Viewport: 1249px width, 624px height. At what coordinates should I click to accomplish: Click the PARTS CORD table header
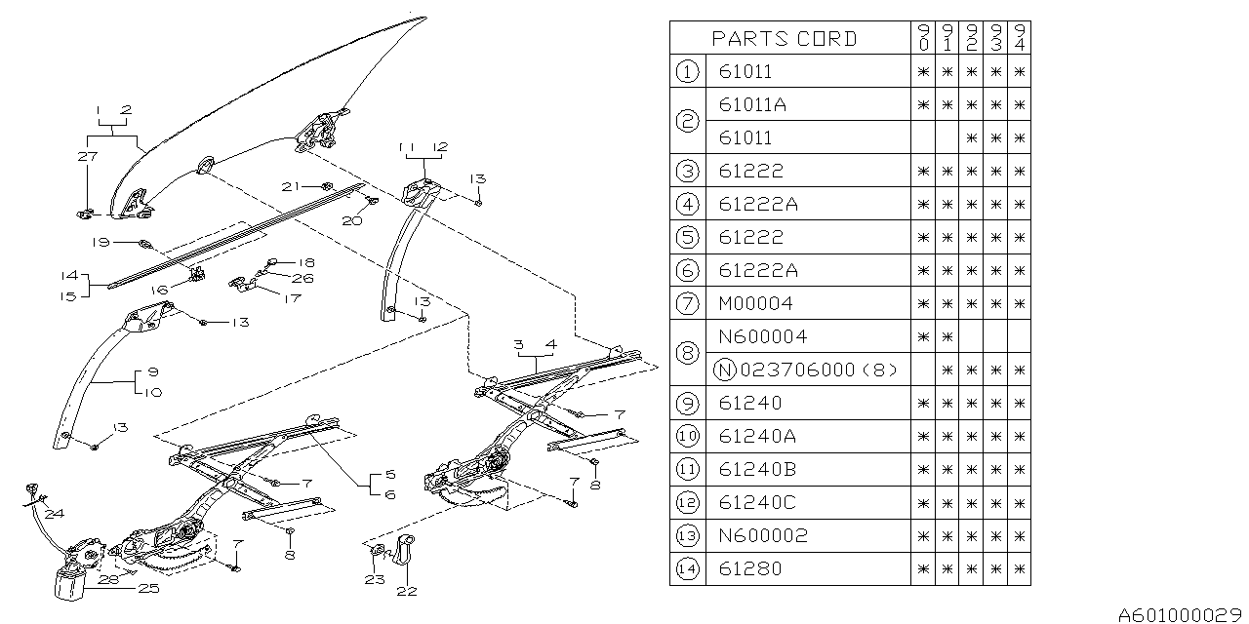[x=784, y=38]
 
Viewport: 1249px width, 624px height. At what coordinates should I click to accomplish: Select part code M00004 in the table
[x=755, y=303]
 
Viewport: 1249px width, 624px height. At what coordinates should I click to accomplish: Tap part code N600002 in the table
[x=763, y=535]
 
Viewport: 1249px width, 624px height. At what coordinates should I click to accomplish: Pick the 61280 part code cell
[x=750, y=568]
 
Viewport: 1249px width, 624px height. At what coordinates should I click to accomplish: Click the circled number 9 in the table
[x=687, y=403]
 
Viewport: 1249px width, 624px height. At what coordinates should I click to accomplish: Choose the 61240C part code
[x=757, y=502]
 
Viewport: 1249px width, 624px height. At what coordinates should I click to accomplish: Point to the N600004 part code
[x=763, y=336]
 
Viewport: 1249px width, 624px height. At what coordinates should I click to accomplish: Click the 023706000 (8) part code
[x=819, y=370]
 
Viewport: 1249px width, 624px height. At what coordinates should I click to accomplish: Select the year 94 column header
[x=1020, y=37]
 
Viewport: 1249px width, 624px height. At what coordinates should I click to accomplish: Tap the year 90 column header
[x=923, y=37]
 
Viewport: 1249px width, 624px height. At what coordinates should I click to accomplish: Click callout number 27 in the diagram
[x=88, y=156]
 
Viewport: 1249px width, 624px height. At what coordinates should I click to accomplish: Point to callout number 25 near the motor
[x=149, y=588]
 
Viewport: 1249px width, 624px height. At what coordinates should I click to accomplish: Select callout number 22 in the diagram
[x=407, y=591]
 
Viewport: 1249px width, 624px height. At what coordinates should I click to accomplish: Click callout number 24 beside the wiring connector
[x=55, y=513]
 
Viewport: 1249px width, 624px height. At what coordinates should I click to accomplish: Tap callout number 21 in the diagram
[x=291, y=186]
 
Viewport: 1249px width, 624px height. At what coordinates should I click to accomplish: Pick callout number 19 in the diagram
[x=101, y=243]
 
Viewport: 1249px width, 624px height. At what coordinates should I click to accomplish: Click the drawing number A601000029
[x=1180, y=615]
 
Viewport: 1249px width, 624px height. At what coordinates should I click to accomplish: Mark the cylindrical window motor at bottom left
[x=70, y=583]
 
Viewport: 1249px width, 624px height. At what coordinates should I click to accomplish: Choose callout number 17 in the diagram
[x=292, y=298]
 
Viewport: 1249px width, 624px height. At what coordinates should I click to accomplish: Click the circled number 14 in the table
[x=687, y=568]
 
